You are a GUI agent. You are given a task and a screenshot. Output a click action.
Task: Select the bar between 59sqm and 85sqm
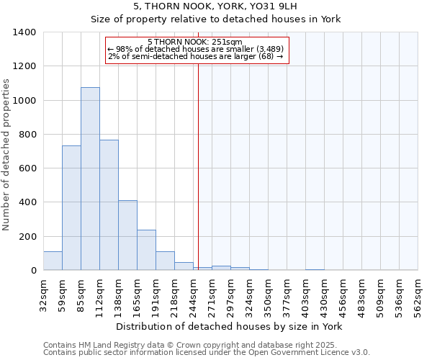pyautogui.click(x=71, y=208)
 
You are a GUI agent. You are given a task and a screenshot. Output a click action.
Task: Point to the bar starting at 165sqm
pyautogui.click(x=146, y=250)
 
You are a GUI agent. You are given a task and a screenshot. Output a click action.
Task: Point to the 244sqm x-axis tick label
pyautogui.click(x=193, y=294)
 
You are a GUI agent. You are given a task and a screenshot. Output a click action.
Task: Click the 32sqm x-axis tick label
pyautogui.click(x=43, y=292)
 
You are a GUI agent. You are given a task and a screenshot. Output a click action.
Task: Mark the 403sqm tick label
pyautogui.click(x=305, y=294)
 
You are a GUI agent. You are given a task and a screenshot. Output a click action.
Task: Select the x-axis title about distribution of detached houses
pyautogui.click(x=230, y=326)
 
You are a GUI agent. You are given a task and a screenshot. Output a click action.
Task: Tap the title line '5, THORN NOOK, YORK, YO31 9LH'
pyautogui.click(x=215, y=6)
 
